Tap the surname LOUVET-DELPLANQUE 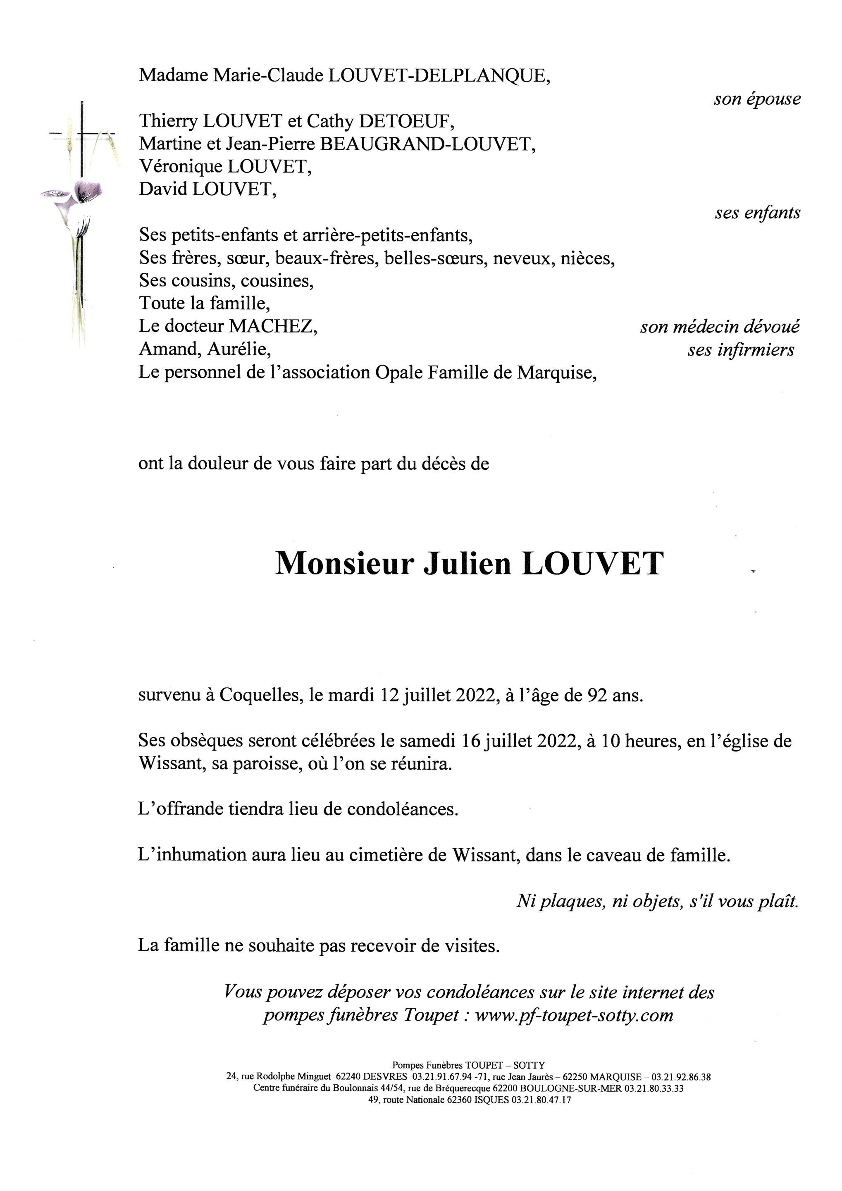click(439, 76)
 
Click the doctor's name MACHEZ click(273, 326)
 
